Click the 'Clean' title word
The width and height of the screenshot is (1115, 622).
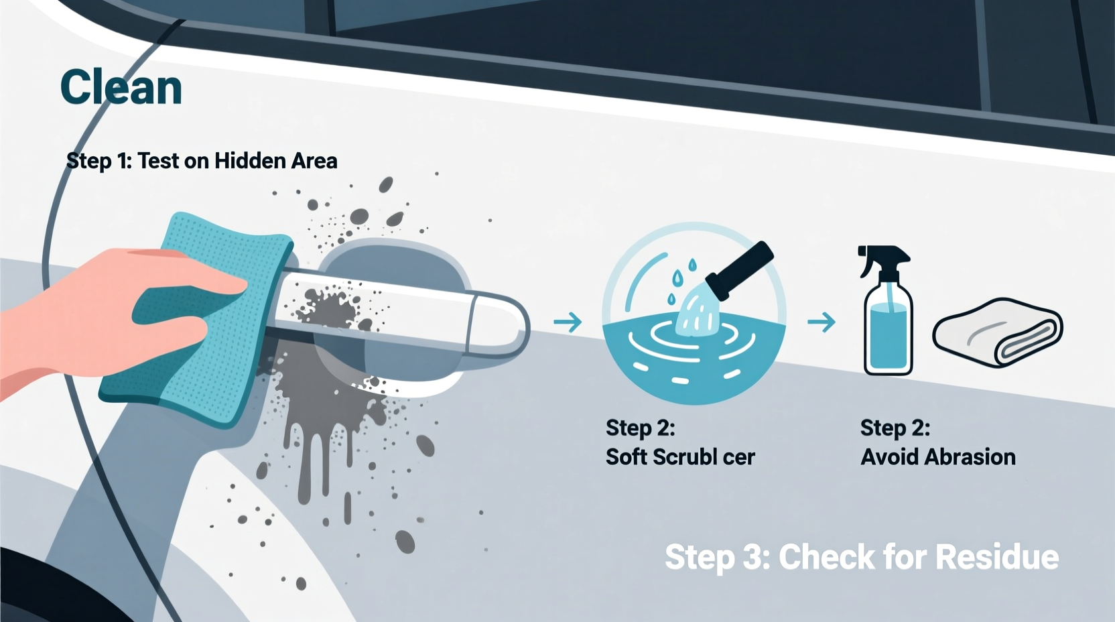[121, 87]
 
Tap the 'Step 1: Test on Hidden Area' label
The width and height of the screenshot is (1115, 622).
[201, 161]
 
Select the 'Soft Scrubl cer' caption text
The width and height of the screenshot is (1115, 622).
[679, 457]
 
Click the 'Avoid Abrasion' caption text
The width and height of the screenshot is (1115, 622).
[937, 457]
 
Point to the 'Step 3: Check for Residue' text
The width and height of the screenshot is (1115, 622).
[861, 557]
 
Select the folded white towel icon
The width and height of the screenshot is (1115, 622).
[997, 333]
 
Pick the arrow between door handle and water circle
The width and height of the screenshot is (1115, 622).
[568, 322]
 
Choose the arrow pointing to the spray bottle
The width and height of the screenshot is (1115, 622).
[821, 322]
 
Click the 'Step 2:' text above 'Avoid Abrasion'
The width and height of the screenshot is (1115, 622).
[895, 428]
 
